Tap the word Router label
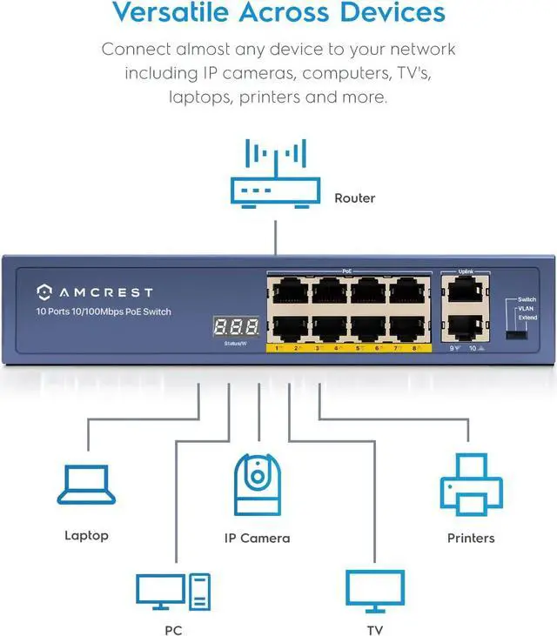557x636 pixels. [x=354, y=198]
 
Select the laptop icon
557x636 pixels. [x=87, y=485]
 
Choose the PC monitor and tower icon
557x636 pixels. [x=172, y=592]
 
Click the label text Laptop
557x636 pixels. [x=87, y=535]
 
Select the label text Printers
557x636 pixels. [x=471, y=539]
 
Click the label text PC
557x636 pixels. [x=172, y=629]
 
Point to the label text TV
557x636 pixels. [x=374, y=629]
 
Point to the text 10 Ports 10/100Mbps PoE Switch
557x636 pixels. [x=104, y=311]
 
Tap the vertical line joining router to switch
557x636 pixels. [x=275, y=236]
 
